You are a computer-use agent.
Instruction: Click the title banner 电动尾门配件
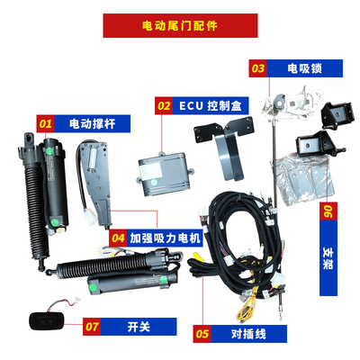point(180,24)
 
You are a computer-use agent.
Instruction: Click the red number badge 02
point(164,104)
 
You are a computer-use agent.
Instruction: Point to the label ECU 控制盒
point(208,104)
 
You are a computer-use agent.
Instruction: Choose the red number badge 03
point(258,67)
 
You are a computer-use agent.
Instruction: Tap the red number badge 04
point(117,238)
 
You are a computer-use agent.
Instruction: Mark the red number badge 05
point(202,333)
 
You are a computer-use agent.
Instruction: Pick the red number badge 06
point(327,214)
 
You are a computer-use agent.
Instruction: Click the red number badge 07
point(92,327)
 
